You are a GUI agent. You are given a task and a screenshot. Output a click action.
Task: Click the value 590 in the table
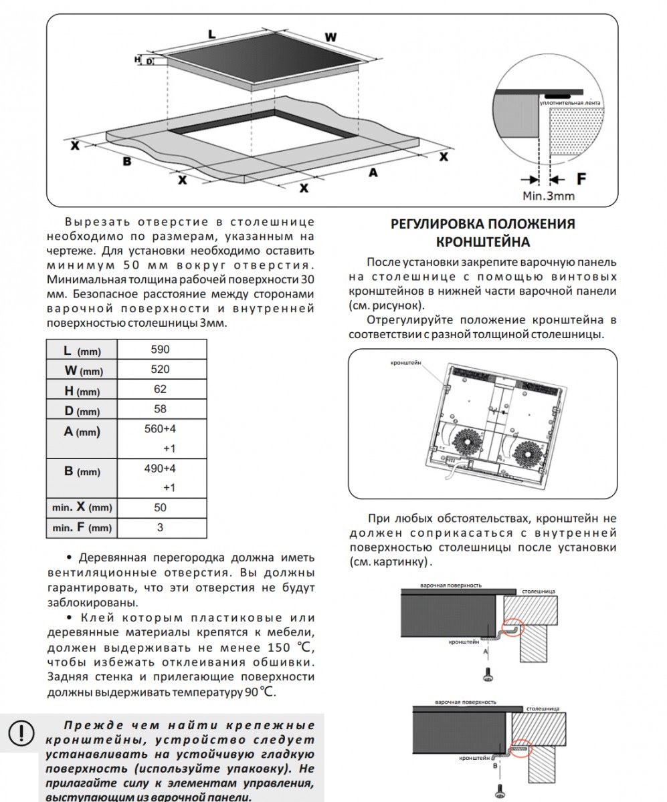[x=160, y=350]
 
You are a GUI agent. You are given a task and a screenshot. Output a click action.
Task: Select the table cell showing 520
[x=160, y=370]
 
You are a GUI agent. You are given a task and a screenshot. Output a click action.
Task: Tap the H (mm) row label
[x=82, y=390]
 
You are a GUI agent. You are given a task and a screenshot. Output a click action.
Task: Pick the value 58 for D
[x=160, y=409]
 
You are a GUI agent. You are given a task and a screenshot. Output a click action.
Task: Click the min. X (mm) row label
[x=82, y=508]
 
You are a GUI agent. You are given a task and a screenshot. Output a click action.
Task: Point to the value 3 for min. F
[x=160, y=528]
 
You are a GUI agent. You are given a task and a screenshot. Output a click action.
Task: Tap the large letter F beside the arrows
[x=581, y=178]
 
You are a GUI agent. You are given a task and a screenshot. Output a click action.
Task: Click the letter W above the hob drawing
[x=330, y=37]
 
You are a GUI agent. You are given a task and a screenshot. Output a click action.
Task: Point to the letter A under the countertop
[x=373, y=172]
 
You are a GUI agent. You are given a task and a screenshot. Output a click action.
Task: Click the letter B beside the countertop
[x=126, y=161]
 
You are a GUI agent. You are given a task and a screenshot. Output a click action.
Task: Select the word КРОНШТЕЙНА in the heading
[x=483, y=241]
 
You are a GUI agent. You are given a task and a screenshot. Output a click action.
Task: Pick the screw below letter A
[x=488, y=674]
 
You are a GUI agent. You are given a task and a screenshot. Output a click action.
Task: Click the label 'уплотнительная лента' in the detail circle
[x=569, y=103]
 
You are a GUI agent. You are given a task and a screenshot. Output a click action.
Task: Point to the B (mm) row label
[x=82, y=471]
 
